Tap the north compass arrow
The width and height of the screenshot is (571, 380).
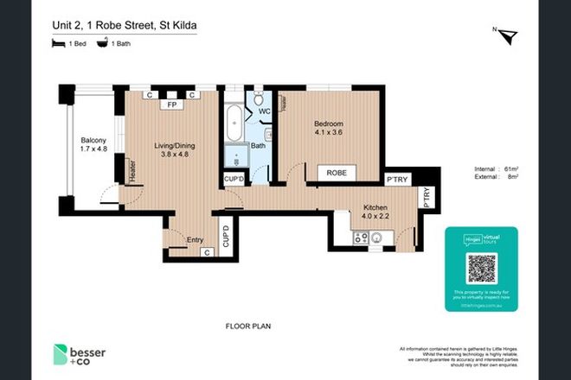[509, 36]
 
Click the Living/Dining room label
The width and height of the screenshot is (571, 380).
[174, 146]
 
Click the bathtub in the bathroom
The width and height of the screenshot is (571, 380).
[234, 125]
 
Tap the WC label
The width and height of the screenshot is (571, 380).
[265, 112]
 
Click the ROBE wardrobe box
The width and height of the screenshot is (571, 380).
[337, 173]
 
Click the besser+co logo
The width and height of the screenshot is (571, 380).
[84, 355]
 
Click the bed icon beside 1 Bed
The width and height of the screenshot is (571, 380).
[57, 43]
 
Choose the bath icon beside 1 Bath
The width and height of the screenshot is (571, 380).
[102, 43]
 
